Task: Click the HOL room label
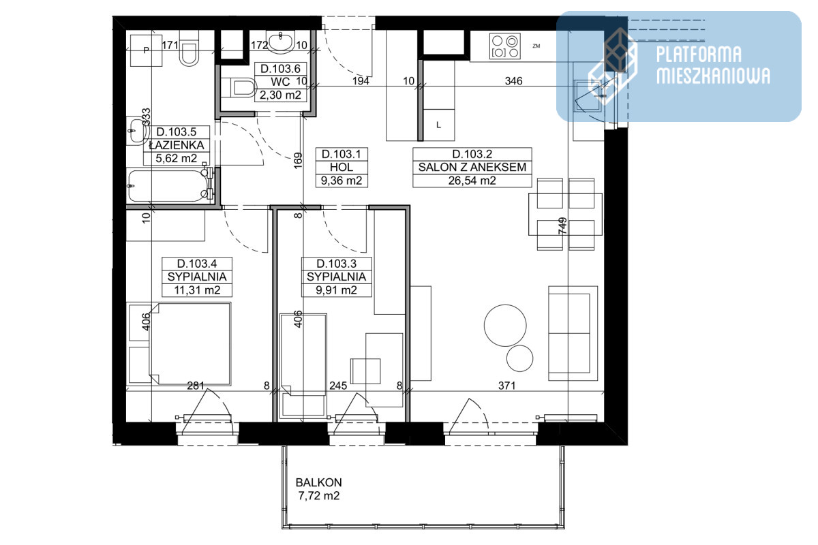pos(342,167)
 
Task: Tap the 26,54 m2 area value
pos(472,181)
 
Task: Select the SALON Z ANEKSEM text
pos(472,167)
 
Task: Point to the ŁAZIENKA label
pos(177,145)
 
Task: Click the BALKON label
pos(319,482)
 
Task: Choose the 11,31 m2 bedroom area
pos(197,290)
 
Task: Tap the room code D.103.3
pos(336,264)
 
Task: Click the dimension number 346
pos(513,80)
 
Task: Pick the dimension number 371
pos(507,386)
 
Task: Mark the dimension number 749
pos(563,225)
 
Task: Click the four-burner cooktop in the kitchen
pos(505,46)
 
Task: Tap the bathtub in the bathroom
pos(170,185)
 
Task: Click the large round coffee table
pos(505,325)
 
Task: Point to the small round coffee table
pos(519,358)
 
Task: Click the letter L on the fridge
pos(438,125)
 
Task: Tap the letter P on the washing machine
pos(147,50)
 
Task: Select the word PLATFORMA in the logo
pos(699,54)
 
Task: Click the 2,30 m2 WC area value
pos(280,95)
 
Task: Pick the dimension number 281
pos(196,386)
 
